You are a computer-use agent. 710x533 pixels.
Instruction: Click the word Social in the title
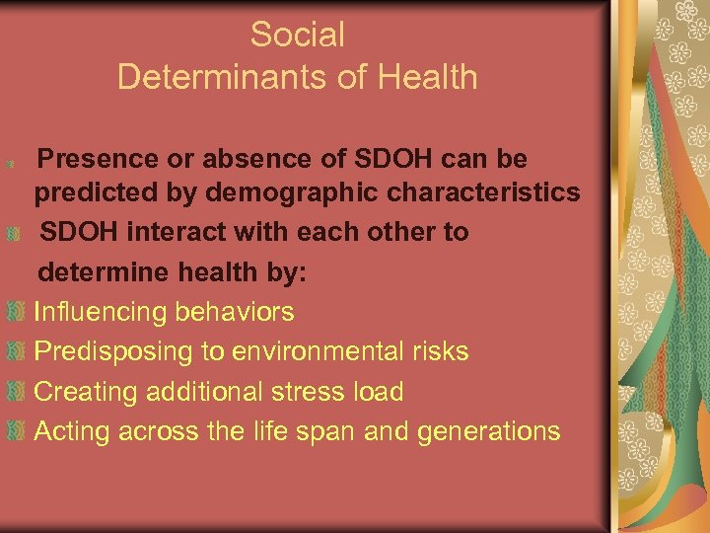(298, 35)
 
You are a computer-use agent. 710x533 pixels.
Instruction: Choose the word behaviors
(234, 312)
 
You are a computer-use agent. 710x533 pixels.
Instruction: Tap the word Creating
(86, 392)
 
